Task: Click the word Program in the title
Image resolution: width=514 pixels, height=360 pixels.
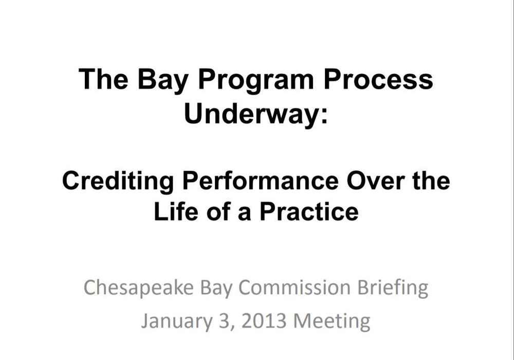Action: click(x=255, y=81)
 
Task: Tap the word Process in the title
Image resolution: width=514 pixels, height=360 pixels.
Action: click(x=378, y=79)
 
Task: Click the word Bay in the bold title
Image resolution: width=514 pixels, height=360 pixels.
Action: click(x=162, y=81)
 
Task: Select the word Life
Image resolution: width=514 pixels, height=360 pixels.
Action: click(x=176, y=211)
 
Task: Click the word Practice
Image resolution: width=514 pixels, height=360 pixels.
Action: click(x=309, y=211)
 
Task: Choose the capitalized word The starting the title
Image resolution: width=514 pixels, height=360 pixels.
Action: click(x=104, y=79)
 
